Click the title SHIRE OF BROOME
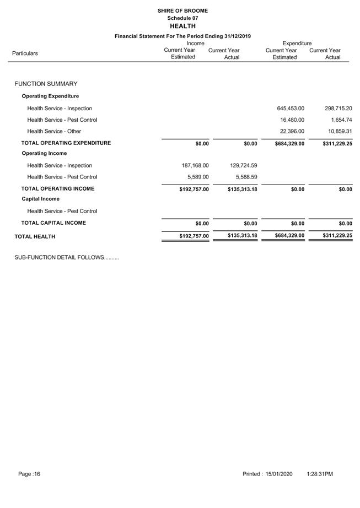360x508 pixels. point(182,10)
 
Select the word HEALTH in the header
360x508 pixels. point(182,26)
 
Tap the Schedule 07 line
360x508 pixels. point(182,18)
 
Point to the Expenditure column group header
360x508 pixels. point(297,43)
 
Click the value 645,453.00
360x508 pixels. point(291,109)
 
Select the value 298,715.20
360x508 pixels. point(338,109)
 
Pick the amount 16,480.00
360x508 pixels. point(292,120)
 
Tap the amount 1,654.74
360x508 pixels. point(341,120)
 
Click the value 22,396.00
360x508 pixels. point(292,131)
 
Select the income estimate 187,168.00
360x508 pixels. point(195,165)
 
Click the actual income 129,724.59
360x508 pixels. point(243,165)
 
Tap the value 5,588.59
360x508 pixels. point(245,177)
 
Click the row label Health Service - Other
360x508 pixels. point(54,131)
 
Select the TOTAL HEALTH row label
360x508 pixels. point(35,236)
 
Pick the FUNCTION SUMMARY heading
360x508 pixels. point(46,84)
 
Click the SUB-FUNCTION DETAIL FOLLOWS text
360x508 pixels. point(66,257)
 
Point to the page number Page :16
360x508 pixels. point(29,474)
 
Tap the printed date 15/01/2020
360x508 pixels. point(279,474)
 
